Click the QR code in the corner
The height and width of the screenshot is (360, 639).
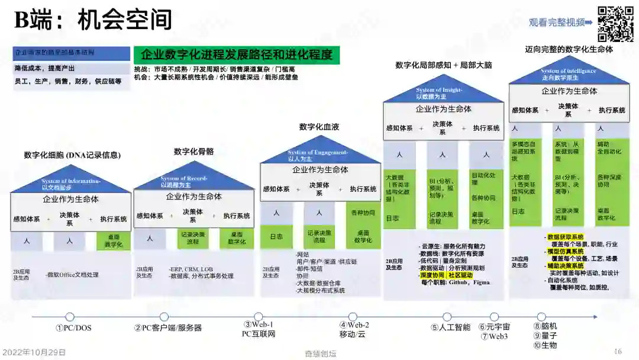point(615,24)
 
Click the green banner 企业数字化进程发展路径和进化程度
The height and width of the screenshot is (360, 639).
point(237,55)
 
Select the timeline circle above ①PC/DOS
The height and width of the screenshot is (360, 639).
point(70,317)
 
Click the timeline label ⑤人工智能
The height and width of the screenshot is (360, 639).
point(450,327)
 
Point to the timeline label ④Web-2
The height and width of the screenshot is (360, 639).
point(354,325)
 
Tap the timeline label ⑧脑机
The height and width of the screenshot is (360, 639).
point(545,326)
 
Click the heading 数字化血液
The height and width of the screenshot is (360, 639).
point(319,127)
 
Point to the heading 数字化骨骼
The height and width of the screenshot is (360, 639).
point(193,152)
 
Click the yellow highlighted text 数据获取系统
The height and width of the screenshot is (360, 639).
point(566,237)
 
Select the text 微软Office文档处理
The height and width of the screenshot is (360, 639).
point(72,275)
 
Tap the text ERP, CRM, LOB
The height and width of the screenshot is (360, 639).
point(191,268)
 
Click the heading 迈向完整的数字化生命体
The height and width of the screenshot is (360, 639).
point(569,50)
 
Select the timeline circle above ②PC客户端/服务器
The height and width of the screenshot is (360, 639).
point(164,317)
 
